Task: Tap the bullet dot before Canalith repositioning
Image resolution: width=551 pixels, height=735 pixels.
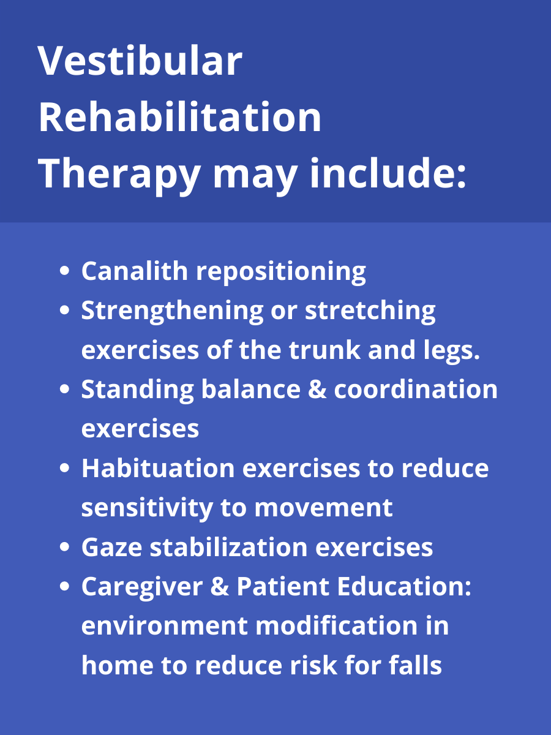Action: coord(66,272)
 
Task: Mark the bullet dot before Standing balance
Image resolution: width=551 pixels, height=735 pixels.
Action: coord(66,390)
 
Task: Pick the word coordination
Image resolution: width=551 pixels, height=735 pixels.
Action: coord(416,390)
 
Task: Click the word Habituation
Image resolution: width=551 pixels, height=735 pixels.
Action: coord(157,469)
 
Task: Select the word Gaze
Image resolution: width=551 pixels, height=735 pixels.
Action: coord(110,548)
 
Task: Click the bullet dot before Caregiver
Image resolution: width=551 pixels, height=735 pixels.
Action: coord(66,587)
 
